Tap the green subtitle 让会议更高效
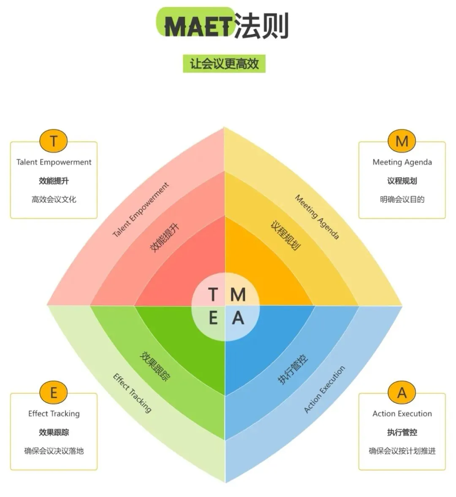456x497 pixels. (x=224, y=64)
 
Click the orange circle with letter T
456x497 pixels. (x=54, y=141)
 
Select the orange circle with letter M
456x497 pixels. (x=402, y=141)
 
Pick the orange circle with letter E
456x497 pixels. (x=54, y=393)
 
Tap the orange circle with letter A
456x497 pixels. (x=402, y=393)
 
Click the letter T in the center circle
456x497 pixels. (x=213, y=294)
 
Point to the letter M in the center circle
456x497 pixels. (x=238, y=294)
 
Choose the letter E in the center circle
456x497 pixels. (x=213, y=317)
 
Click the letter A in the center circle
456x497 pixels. (x=238, y=317)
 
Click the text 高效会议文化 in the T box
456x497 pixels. (x=54, y=199)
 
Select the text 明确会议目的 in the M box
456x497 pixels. (x=402, y=199)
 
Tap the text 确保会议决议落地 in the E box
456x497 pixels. (x=54, y=451)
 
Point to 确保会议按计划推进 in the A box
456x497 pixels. (x=402, y=451)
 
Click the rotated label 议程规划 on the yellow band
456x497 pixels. (x=286, y=235)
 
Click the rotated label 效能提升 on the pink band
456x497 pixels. (x=165, y=238)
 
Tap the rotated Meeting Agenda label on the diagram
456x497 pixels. (x=317, y=217)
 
